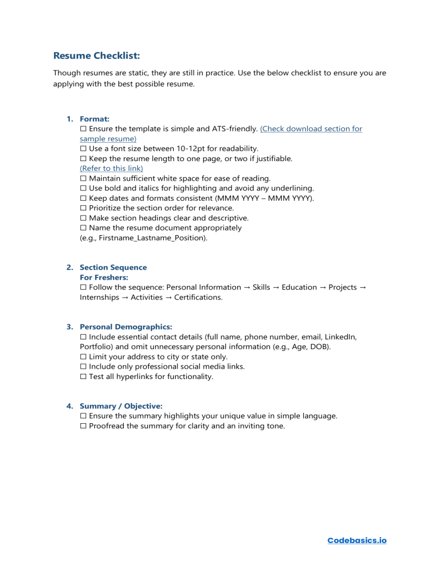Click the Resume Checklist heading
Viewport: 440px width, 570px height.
point(96,56)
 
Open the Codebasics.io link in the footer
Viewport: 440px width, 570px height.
point(356,540)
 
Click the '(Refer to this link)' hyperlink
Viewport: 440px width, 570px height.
point(111,168)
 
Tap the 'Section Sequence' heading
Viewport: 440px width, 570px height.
point(113,267)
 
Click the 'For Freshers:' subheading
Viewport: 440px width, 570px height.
point(104,277)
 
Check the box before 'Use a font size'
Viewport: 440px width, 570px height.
point(83,149)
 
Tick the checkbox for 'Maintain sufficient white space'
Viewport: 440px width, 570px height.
point(83,178)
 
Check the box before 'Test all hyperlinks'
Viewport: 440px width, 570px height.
point(83,376)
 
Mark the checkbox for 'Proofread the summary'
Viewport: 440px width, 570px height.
point(83,426)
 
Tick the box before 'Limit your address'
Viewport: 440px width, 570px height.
point(83,357)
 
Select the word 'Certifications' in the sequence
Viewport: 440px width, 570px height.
point(198,297)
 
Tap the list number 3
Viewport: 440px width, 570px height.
point(69,327)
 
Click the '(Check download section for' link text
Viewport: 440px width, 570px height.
point(311,129)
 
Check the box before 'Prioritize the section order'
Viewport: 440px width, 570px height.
point(83,208)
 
